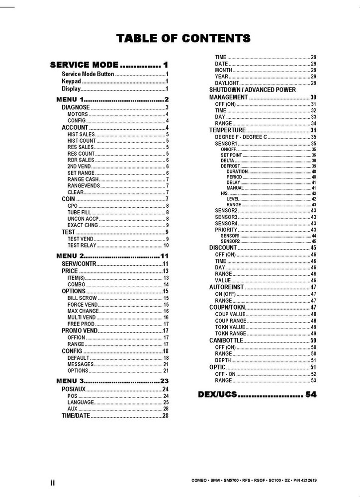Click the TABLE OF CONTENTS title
(183, 38)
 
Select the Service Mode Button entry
(88, 74)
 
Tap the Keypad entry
(71, 82)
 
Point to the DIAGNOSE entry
(76, 107)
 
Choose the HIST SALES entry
(81, 134)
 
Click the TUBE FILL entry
(79, 212)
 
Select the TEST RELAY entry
(82, 246)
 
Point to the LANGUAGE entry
(81, 403)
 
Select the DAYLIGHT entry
(227, 83)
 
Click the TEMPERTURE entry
(227, 130)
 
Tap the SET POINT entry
(231, 155)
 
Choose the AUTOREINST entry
(226, 287)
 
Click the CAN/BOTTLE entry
(226, 340)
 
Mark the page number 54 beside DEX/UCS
(311, 395)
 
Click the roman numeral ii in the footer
(52, 483)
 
